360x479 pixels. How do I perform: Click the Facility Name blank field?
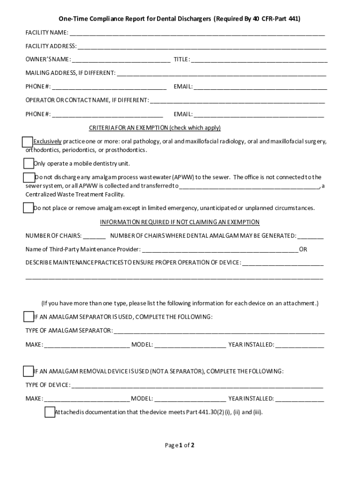pos(197,33)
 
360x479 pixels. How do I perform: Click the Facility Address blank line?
pos(202,47)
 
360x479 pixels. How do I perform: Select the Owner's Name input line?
pos(121,60)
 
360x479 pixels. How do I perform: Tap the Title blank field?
pos(259,60)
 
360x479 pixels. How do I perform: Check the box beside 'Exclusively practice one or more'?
pos(28,142)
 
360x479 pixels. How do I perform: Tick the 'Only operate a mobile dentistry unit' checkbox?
pos(29,163)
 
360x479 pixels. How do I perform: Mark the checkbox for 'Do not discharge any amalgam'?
pos(29,177)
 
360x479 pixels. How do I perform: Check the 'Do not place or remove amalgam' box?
pos(29,208)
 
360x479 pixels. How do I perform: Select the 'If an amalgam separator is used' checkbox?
pos(29,317)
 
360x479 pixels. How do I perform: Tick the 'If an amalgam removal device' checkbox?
pos(29,371)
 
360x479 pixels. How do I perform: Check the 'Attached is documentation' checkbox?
pos(50,412)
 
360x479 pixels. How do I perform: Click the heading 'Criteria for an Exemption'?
pos(155,128)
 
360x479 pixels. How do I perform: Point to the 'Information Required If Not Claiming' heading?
pos(180,222)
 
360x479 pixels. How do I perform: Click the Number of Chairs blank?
pos(94,236)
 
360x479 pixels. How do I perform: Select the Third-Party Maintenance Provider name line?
pos(219,250)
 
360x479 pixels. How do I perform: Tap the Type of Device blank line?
pos(197,385)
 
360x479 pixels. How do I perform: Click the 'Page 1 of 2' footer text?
pos(180,445)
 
